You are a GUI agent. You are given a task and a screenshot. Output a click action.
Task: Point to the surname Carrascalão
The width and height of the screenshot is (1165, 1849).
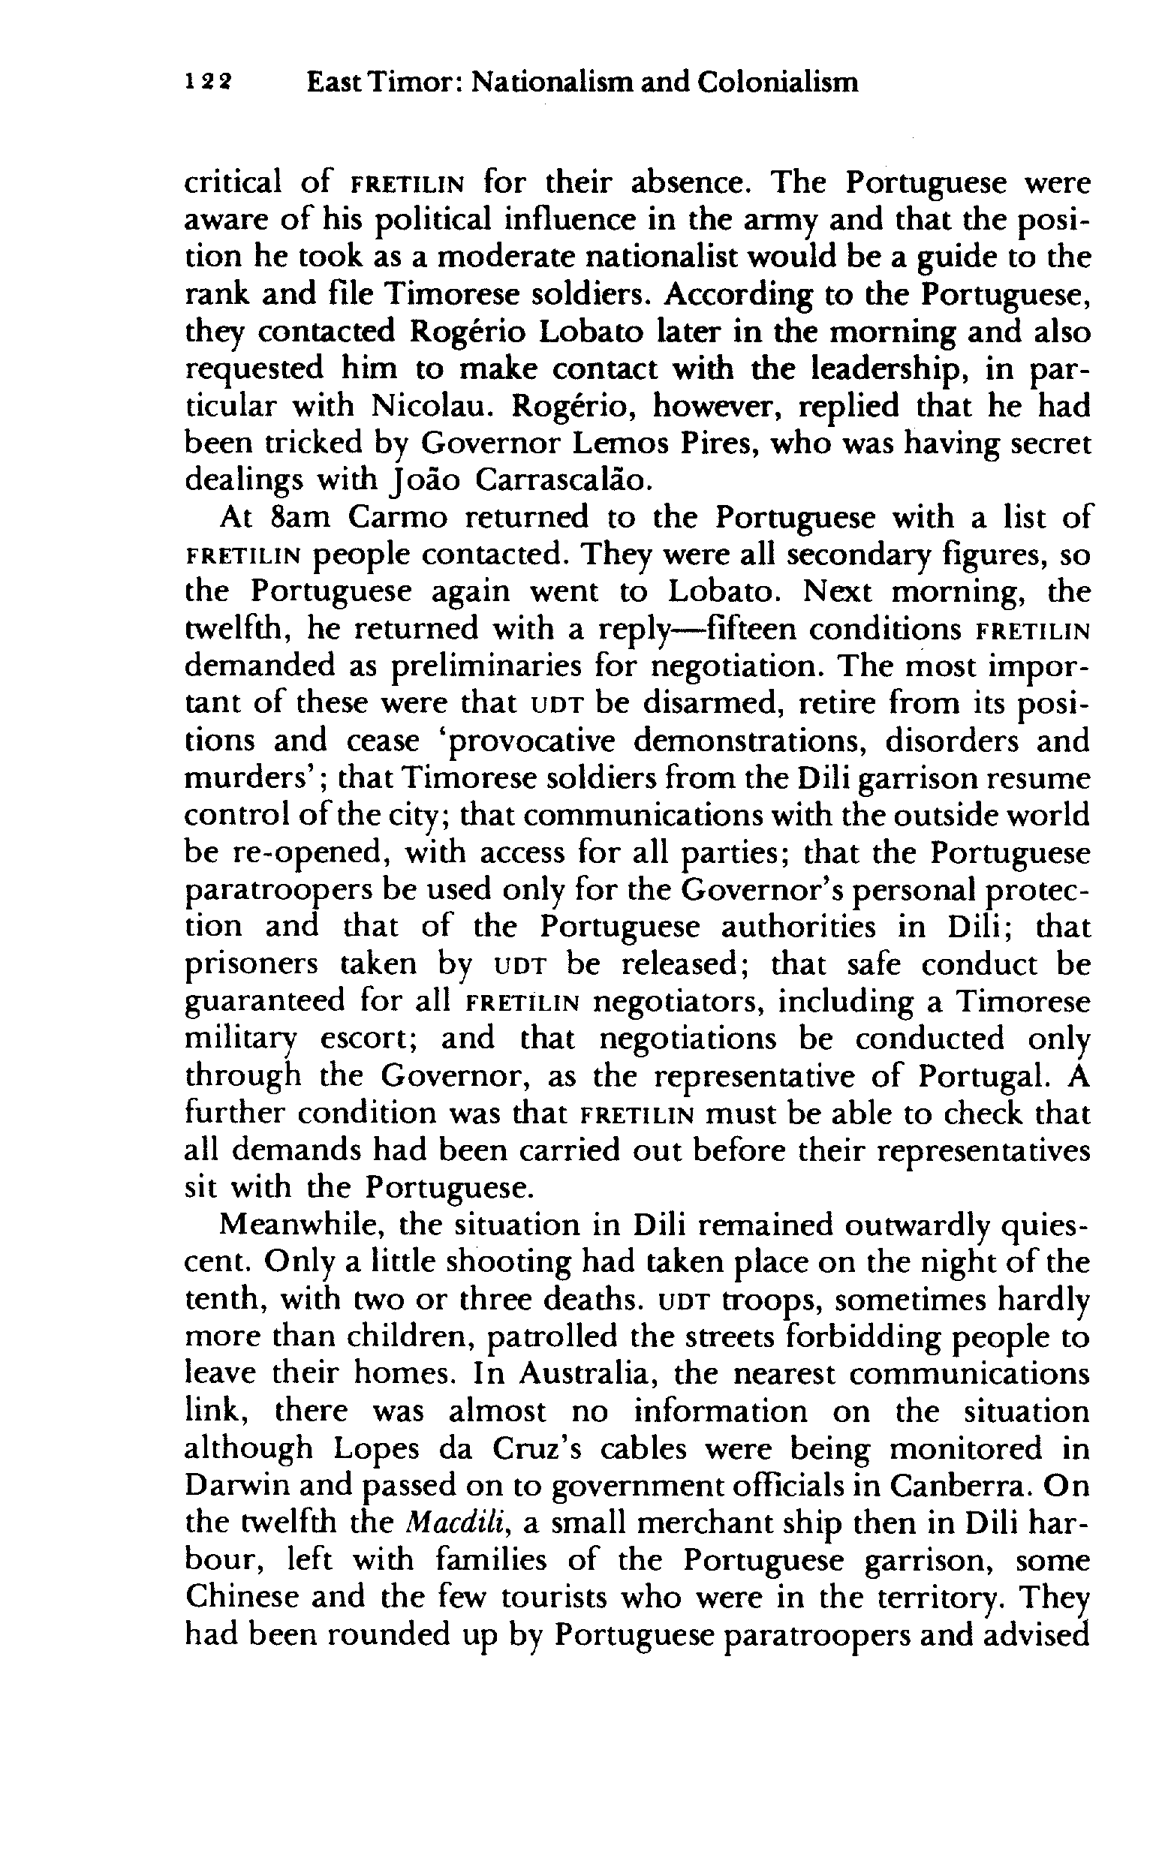(564, 482)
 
